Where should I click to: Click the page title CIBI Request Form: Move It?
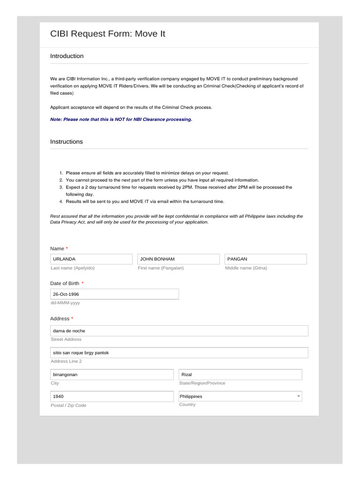(108, 34)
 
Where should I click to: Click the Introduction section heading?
(67, 56)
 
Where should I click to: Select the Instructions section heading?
(67, 142)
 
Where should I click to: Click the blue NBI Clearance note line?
(121, 120)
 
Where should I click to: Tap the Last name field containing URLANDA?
(91, 259)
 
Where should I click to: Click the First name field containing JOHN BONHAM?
(178, 259)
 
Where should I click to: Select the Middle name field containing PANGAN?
(265, 259)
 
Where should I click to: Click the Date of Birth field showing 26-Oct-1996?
(114, 294)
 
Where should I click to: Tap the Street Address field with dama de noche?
(179, 331)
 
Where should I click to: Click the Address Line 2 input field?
(179, 352)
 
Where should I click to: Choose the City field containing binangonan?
(112, 375)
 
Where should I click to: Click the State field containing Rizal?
(240, 375)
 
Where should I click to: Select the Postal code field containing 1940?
(112, 397)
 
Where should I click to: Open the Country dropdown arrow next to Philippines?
(299, 396)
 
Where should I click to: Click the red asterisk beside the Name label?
(67, 248)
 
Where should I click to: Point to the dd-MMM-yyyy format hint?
(65, 303)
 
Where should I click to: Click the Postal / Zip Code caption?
(68, 405)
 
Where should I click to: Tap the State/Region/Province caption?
(202, 383)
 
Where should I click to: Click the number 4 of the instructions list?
(61, 202)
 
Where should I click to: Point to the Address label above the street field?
(60, 319)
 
